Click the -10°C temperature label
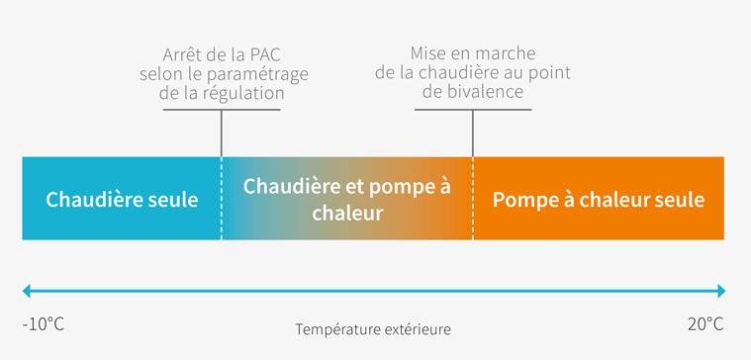point(43,324)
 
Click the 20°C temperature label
point(704,324)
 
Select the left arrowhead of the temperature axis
point(29,291)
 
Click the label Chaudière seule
point(122,199)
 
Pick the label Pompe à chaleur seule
point(598,199)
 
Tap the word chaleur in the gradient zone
point(347,213)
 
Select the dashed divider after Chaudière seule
point(222,198)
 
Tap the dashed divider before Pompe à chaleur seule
point(473,198)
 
